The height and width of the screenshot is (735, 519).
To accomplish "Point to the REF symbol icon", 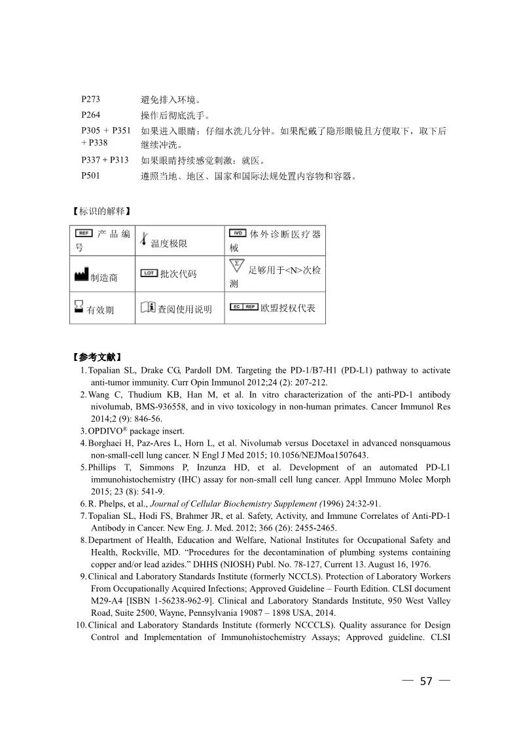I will [x=84, y=234].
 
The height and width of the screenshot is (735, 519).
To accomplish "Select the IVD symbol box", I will [x=238, y=234].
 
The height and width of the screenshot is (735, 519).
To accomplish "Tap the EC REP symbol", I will [x=243, y=307].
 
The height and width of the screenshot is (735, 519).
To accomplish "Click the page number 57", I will [x=426, y=681].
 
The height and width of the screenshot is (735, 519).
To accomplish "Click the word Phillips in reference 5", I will [x=103, y=468].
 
